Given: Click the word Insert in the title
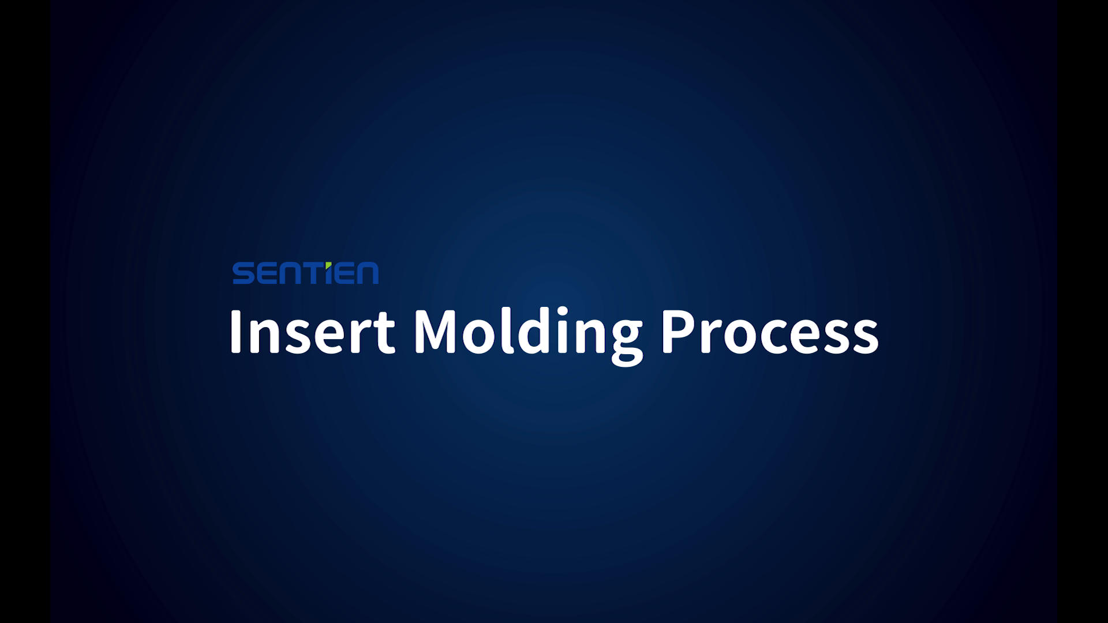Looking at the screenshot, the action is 312,332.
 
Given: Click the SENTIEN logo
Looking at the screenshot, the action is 305,273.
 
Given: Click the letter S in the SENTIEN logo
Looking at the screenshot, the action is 242,273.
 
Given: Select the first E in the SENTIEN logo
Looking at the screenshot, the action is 265,273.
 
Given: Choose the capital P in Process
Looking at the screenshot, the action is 678,332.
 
